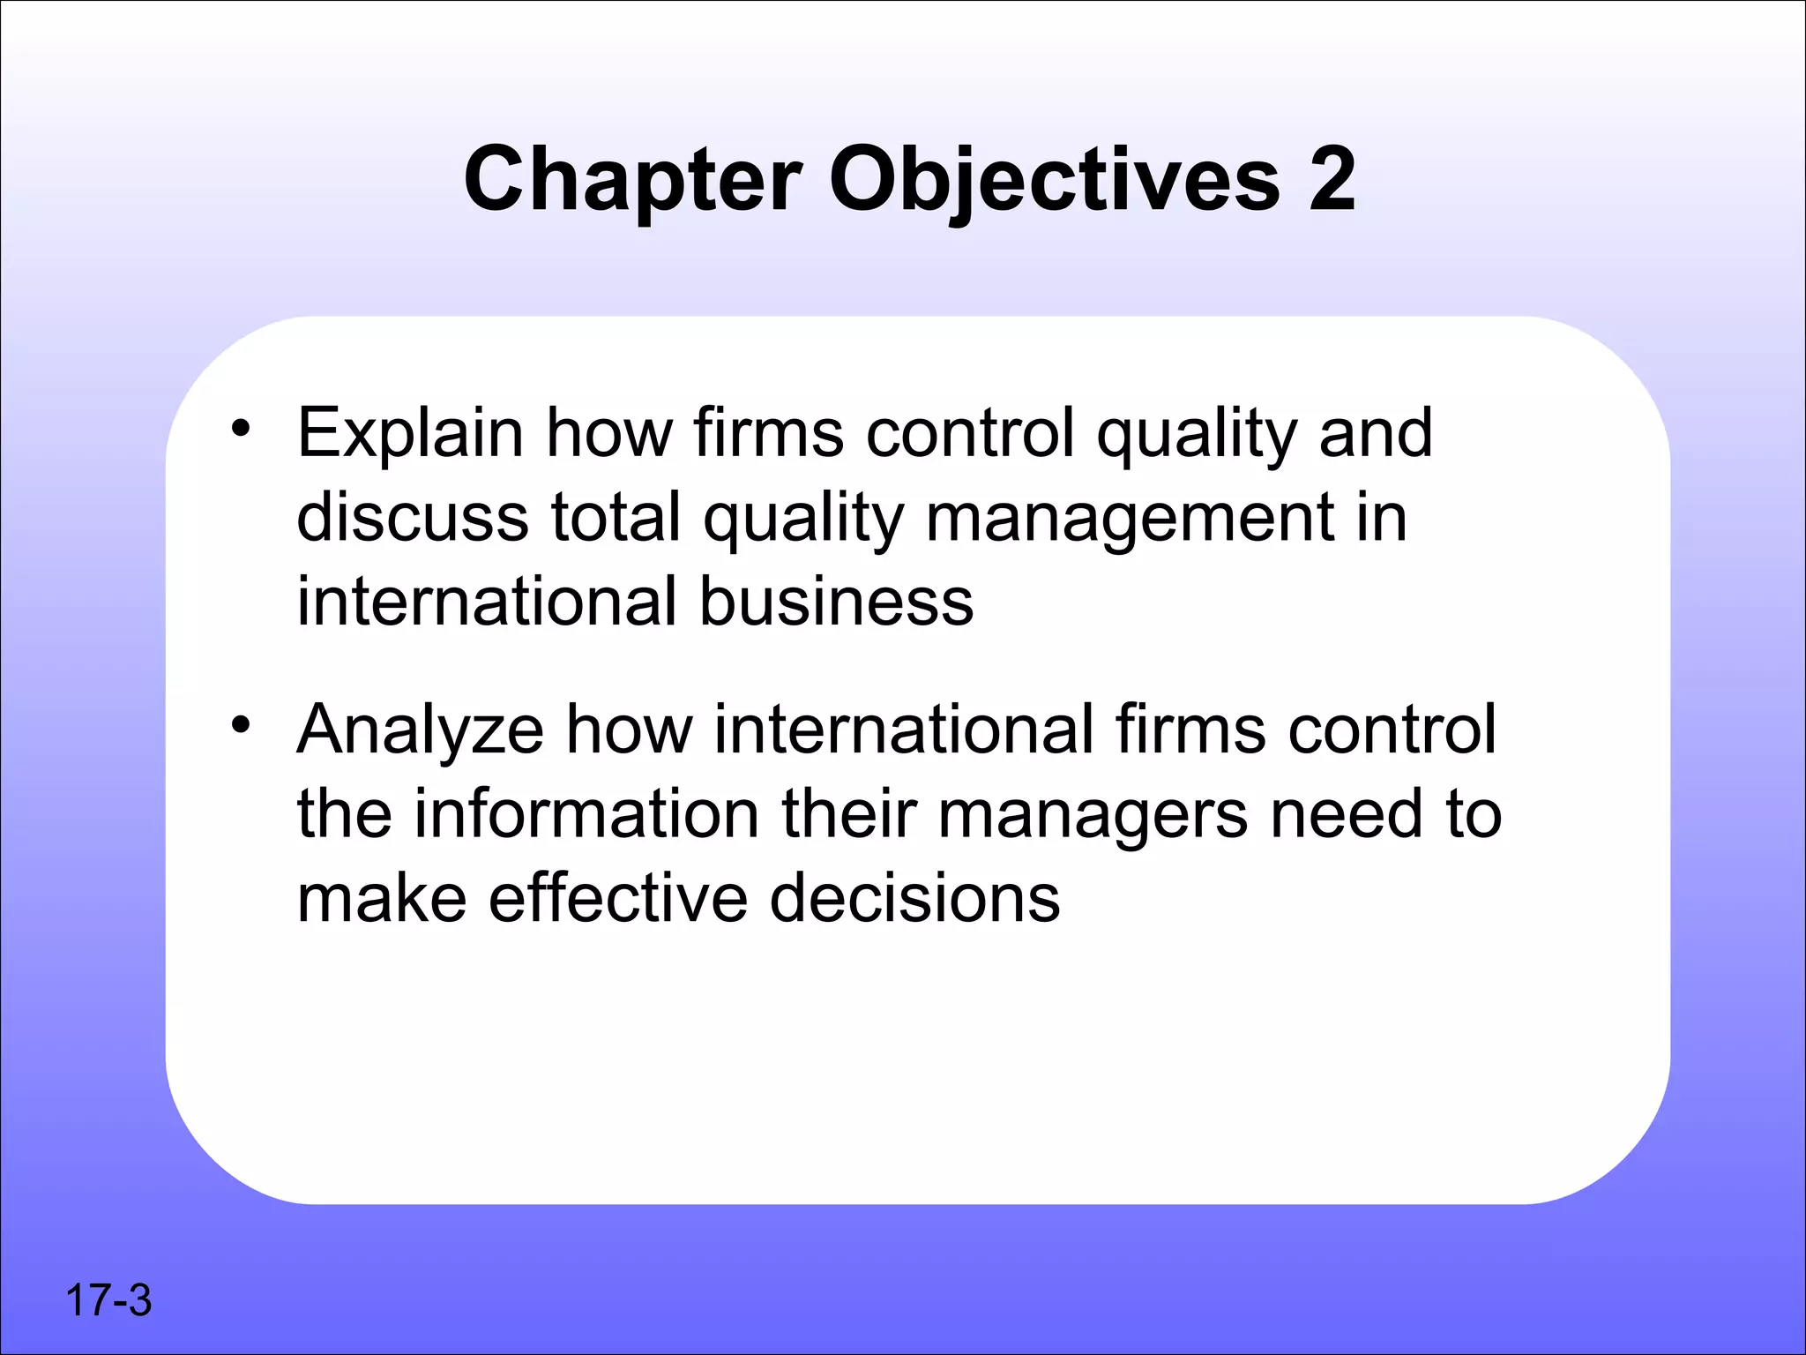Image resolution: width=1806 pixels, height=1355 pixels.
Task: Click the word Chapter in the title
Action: coord(632,181)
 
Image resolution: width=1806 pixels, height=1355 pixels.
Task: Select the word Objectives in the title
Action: coord(1054,181)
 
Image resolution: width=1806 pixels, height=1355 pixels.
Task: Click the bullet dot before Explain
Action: coord(241,430)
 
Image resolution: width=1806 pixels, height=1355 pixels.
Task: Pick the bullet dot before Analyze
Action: coord(241,726)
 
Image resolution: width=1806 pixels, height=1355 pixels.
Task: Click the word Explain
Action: coord(410,434)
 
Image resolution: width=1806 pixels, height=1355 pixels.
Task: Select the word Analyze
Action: coord(420,731)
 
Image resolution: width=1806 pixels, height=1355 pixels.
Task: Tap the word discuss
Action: coord(412,518)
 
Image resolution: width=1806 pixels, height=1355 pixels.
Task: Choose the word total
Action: coord(616,518)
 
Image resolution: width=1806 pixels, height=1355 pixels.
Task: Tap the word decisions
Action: coord(914,899)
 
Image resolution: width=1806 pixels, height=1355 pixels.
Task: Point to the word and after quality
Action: coord(1375,434)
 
